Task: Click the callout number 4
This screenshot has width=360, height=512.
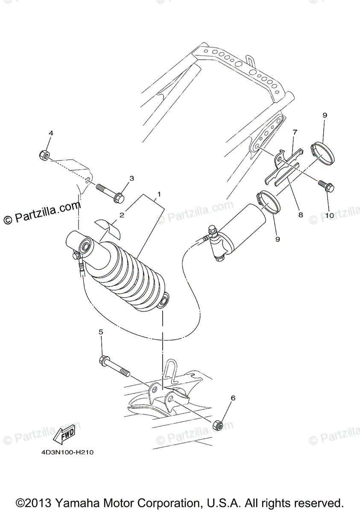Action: click(51, 134)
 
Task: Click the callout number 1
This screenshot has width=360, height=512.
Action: click(158, 194)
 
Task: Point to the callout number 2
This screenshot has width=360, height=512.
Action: click(121, 215)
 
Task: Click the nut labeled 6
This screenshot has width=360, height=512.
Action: click(217, 425)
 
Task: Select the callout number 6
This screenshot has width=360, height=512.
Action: click(233, 398)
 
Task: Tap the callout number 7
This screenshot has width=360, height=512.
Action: click(294, 133)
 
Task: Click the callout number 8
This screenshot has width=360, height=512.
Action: click(300, 215)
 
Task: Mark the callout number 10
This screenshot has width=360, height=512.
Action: click(329, 216)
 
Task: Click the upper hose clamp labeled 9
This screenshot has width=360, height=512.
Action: click(323, 152)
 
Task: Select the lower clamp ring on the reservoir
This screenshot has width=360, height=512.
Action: click(267, 200)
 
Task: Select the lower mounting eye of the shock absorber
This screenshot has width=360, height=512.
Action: click(163, 303)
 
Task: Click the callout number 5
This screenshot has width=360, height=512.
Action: click(101, 332)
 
